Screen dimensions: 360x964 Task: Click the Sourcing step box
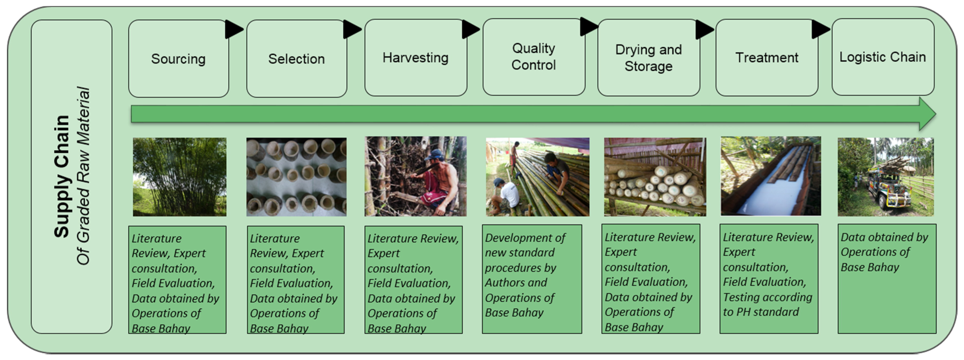tap(179, 59)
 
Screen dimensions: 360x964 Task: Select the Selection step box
tap(296, 59)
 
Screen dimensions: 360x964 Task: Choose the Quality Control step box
tap(534, 57)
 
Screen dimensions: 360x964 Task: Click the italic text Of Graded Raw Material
tap(83, 176)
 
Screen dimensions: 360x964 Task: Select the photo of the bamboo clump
tap(180, 177)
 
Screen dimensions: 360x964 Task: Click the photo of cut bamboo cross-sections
tap(296, 177)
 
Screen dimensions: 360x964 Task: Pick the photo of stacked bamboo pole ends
tap(655, 177)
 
